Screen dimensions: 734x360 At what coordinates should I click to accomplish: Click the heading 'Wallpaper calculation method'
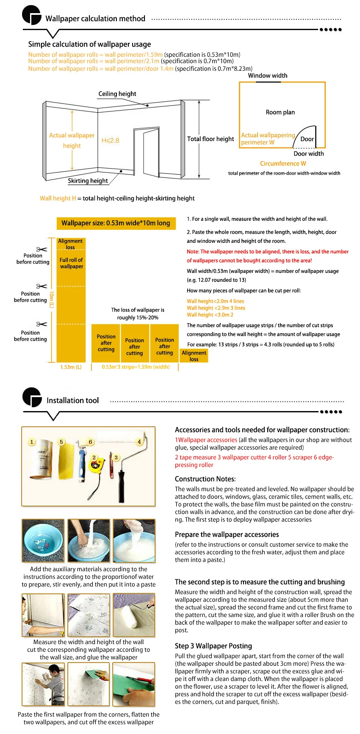pos(95,19)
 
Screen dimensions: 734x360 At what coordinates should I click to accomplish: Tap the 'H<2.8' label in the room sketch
pos(110,140)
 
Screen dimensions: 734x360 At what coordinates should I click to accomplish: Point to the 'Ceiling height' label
pos(117,94)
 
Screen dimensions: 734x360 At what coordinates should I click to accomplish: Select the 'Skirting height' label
pos(88,181)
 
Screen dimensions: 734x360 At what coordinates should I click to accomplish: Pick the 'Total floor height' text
pos(210,139)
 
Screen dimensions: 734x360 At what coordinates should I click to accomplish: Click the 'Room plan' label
pos(280,112)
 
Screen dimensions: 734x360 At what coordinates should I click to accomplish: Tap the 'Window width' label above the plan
pos(267,75)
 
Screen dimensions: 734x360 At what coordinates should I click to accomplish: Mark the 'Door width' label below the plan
pos(308,154)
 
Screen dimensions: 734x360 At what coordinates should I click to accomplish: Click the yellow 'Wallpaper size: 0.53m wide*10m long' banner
pos(116,223)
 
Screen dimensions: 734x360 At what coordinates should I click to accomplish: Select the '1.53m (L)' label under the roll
pos(71,367)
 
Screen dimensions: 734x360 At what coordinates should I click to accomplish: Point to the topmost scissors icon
pos(42,249)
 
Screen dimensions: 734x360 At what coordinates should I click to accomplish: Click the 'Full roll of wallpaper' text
pos(71,263)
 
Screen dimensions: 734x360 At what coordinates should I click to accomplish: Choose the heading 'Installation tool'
pos(72,400)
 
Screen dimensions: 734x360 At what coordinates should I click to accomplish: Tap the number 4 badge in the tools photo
pos(139,442)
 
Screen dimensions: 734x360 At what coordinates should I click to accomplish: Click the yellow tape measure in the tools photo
pos(96,465)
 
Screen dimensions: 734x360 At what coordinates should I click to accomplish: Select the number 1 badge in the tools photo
pos(31,442)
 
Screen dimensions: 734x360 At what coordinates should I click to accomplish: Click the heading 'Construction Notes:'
pos(205,479)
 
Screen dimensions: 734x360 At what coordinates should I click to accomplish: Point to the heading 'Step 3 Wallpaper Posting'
pos(213,646)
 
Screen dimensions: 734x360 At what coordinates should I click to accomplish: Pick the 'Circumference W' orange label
pos(283,164)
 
